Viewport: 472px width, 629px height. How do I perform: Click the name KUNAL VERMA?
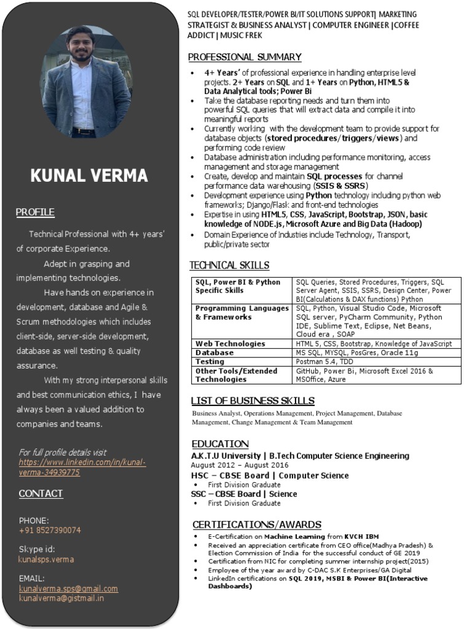[89, 176]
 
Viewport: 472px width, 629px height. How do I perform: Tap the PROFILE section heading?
[35, 213]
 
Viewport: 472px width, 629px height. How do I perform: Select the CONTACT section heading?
[41, 494]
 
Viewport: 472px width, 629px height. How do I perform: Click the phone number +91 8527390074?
[50, 530]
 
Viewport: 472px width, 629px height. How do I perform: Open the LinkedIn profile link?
[82, 467]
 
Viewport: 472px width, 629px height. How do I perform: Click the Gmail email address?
[68, 588]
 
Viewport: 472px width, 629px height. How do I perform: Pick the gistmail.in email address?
[61, 598]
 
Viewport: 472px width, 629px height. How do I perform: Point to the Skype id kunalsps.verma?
[46, 560]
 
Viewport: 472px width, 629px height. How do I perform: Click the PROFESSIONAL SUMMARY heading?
[245, 57]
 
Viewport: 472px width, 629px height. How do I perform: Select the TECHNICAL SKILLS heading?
[229, 265]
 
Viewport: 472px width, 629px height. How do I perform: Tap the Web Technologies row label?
[230, 344]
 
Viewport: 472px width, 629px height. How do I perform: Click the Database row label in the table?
[214, 353]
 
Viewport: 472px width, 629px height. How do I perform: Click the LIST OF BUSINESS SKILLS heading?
[253, 401]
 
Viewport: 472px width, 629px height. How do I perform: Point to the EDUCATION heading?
[220, 444]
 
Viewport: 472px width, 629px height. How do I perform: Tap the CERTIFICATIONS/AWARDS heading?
[257, 525]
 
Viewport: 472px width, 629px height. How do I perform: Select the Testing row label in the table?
[211, 362]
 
